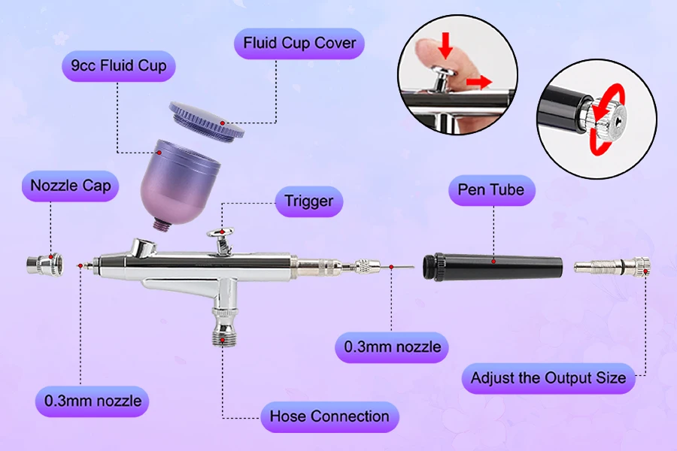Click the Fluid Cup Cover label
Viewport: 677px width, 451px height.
point(299,44)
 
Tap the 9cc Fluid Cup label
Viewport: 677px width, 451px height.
point(118,66)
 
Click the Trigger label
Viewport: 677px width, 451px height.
point(308,201)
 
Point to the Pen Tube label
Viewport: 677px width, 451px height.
point(491,190)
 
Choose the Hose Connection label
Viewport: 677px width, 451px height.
point(329,416)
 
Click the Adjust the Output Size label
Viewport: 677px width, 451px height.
point(548,378)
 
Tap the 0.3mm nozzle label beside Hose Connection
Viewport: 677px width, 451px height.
point(392,347)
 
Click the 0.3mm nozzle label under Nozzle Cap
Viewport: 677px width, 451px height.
point(92,401)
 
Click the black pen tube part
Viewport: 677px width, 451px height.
point(493,266)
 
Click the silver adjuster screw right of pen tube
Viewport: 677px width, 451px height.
point(613,266)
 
